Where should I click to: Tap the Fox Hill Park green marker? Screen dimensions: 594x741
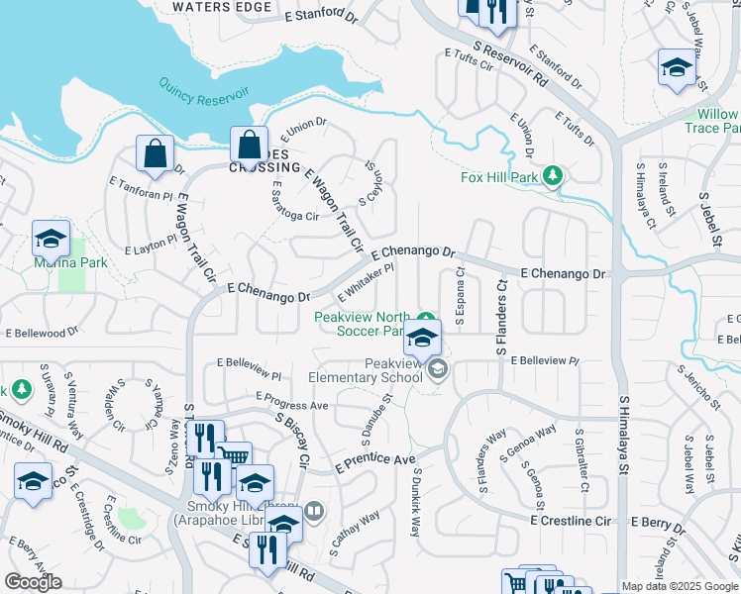553,177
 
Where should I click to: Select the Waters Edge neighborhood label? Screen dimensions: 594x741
221,7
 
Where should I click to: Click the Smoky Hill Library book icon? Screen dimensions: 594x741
313,511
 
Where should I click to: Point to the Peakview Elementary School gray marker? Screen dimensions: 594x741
437,370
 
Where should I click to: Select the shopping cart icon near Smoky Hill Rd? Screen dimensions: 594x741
234,456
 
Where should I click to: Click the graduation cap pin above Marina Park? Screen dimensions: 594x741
51,239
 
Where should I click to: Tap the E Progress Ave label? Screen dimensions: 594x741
291,406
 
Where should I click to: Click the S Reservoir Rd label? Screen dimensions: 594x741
510,62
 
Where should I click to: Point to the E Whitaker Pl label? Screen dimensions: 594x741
367,282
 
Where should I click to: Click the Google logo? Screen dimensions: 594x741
34,582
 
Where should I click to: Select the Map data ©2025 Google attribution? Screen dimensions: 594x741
680,586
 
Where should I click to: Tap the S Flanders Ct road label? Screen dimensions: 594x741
501,317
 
